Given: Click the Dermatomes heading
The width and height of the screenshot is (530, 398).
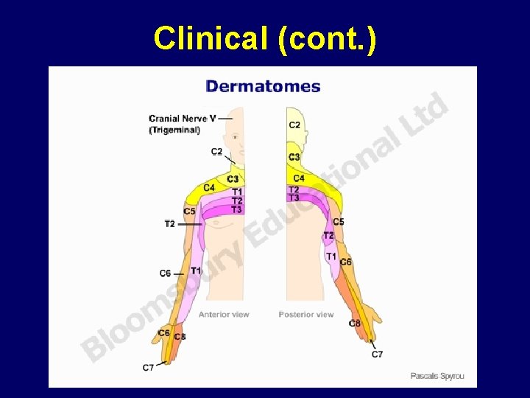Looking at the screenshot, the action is (263, 86).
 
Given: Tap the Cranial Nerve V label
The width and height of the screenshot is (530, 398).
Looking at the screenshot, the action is (183, 118).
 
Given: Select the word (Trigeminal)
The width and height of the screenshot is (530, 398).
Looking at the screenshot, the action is (174, 130).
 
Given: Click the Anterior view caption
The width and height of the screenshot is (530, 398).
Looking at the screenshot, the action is (224, 315).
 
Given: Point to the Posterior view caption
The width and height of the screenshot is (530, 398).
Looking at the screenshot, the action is (306, 315).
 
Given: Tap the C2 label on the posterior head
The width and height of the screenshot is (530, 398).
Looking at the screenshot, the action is (294, 125).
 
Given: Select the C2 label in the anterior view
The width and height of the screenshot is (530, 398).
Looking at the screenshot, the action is (216, 152).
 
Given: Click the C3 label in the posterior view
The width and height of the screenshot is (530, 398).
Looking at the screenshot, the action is (294, 157).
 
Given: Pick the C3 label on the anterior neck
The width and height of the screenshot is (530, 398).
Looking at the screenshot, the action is (233, 179).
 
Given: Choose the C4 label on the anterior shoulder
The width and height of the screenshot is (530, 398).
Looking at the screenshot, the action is (209, 187).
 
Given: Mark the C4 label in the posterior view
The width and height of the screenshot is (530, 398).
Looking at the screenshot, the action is (299, 178).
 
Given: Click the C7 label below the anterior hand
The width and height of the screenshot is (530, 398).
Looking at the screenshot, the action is (149, 367).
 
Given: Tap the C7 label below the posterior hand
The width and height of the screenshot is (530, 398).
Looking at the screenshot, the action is (377, 355).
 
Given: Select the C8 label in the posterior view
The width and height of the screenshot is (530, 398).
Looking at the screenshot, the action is (355, 323).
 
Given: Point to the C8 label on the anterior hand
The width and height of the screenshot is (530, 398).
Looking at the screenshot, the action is (180, 337).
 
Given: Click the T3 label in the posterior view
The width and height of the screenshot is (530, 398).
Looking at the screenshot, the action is (294, 198).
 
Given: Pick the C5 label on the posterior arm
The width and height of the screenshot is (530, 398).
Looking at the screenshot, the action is (339, 222).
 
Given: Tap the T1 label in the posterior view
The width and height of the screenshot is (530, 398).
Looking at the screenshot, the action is (331, 256).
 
